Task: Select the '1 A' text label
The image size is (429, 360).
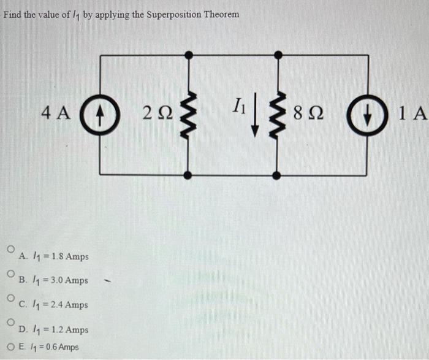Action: click(411, 113)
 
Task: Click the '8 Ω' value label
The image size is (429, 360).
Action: click(308, 113)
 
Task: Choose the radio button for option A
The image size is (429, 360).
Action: click(10, 250)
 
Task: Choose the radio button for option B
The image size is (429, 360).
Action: click(10, 274)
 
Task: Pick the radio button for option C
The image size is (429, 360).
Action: click(10, 297)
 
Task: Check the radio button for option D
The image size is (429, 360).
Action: click(10, 321)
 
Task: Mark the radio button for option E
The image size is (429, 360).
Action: click(10, 347)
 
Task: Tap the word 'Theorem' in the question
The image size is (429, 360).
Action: click(221, 13)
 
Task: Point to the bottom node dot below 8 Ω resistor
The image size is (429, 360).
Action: click(278, 175)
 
